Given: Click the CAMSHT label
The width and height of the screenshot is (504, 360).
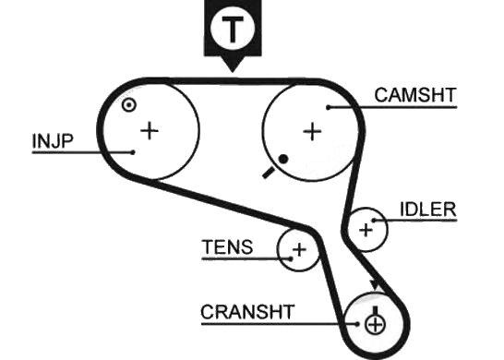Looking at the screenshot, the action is tap(415, 95).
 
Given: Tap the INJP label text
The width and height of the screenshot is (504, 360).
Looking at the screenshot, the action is tap(53, 141).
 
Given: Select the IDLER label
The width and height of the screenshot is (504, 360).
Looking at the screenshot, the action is tap(428, 210).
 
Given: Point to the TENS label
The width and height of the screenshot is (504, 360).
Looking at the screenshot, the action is tap(228, 246).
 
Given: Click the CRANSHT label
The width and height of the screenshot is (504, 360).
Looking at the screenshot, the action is tap(247, 312).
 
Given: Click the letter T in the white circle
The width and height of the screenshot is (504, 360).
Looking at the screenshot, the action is tap(233, 27).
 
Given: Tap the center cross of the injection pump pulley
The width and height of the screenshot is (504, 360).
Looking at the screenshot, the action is tap(150, 131).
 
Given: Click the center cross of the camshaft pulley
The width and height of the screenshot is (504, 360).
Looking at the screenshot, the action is tap(312, 131).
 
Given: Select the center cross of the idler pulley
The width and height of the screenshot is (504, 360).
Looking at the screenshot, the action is tap(366, 230).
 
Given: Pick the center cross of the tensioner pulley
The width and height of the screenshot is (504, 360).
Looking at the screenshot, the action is tap(299, 249).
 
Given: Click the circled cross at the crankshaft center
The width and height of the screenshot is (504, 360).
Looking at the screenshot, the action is tap(375, 324).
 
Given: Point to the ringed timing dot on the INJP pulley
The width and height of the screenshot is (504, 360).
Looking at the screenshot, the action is tap(129, 105).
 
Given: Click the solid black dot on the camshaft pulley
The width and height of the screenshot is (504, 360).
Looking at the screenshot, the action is tap(282, 159).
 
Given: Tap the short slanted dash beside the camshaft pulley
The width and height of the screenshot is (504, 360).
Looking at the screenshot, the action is tap(269, 173).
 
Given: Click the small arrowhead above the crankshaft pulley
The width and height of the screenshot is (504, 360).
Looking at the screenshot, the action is tap(375, 285).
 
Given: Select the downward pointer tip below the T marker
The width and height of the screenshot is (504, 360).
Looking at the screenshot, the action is tap(233, 71).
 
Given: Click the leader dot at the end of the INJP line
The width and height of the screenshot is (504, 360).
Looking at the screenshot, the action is tap(133, 152).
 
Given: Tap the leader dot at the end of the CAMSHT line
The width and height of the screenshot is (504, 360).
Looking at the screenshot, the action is tap(329, 107).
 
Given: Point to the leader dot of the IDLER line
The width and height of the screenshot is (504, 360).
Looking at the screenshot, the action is tap(374, 221).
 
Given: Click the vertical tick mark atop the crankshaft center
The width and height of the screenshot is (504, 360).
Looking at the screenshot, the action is tap(375, 311).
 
